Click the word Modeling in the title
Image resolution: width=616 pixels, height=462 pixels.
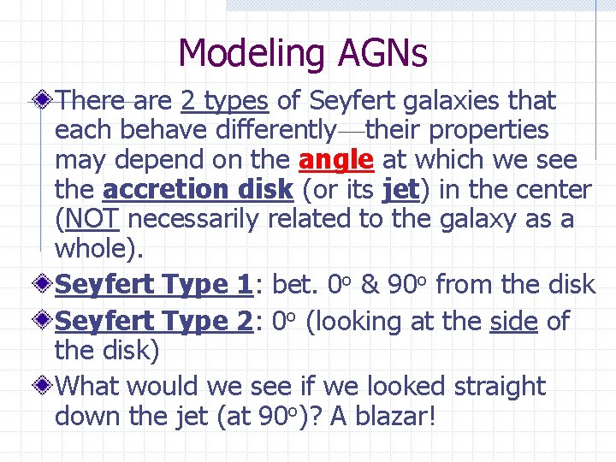(249, 54)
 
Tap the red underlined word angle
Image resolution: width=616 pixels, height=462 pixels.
(336, 160)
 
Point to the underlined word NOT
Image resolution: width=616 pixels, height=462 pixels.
(91, 219)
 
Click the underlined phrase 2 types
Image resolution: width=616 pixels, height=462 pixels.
(225, 101)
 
